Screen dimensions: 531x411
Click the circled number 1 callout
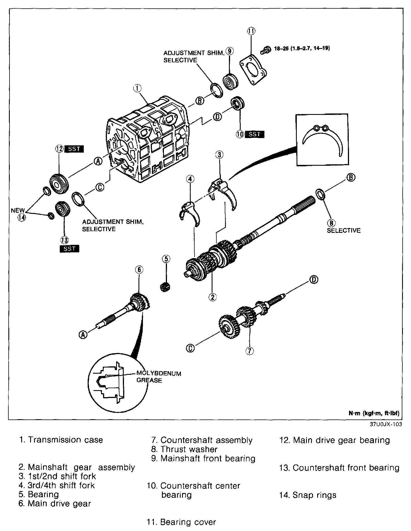pyautogui.click(x=137, y=88)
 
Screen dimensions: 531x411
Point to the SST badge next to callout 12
pyautogui.click(x=74, y=149)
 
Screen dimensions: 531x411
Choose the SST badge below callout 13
pyautogui.click(x=69, y=248)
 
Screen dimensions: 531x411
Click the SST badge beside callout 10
pyautogui.click(x=254, y=134)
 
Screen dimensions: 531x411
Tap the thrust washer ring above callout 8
pyautogui.click(x=320, y=194)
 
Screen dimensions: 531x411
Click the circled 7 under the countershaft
pyautogui.click(x=249, y=350)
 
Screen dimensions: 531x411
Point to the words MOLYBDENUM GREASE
pyautogui.click(x=159, y=377)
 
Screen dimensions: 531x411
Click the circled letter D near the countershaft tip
pyautogui.click(x=314, y=280)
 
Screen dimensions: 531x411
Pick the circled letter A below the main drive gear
pyautogui.click(x=83, y=335)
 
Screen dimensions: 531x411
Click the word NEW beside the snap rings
pyautogui.click(x=18, y=210)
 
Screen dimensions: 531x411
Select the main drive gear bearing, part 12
pyautogui.click(x=59, y=183)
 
